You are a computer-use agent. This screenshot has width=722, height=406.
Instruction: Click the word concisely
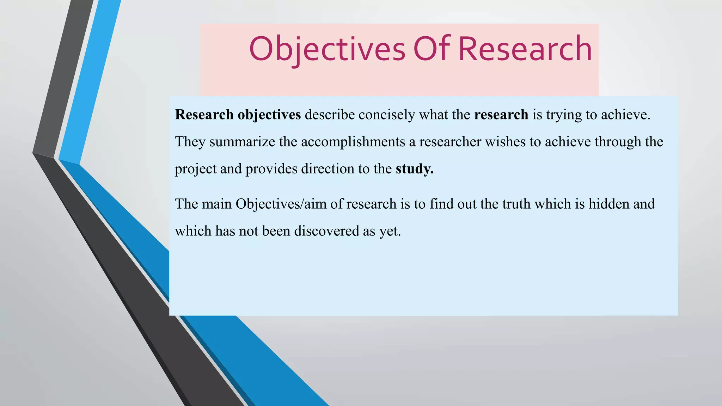[387, 115]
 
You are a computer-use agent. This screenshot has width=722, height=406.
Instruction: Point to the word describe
[330, 115]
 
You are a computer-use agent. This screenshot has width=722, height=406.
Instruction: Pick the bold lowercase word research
[501, 115]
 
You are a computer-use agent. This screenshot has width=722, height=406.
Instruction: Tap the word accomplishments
[353, 142]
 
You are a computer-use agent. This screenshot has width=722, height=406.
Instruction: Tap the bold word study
[415, 169]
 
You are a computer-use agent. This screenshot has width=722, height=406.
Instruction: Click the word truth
[516, 204]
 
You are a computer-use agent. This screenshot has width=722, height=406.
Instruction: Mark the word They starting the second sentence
[190, 142]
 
